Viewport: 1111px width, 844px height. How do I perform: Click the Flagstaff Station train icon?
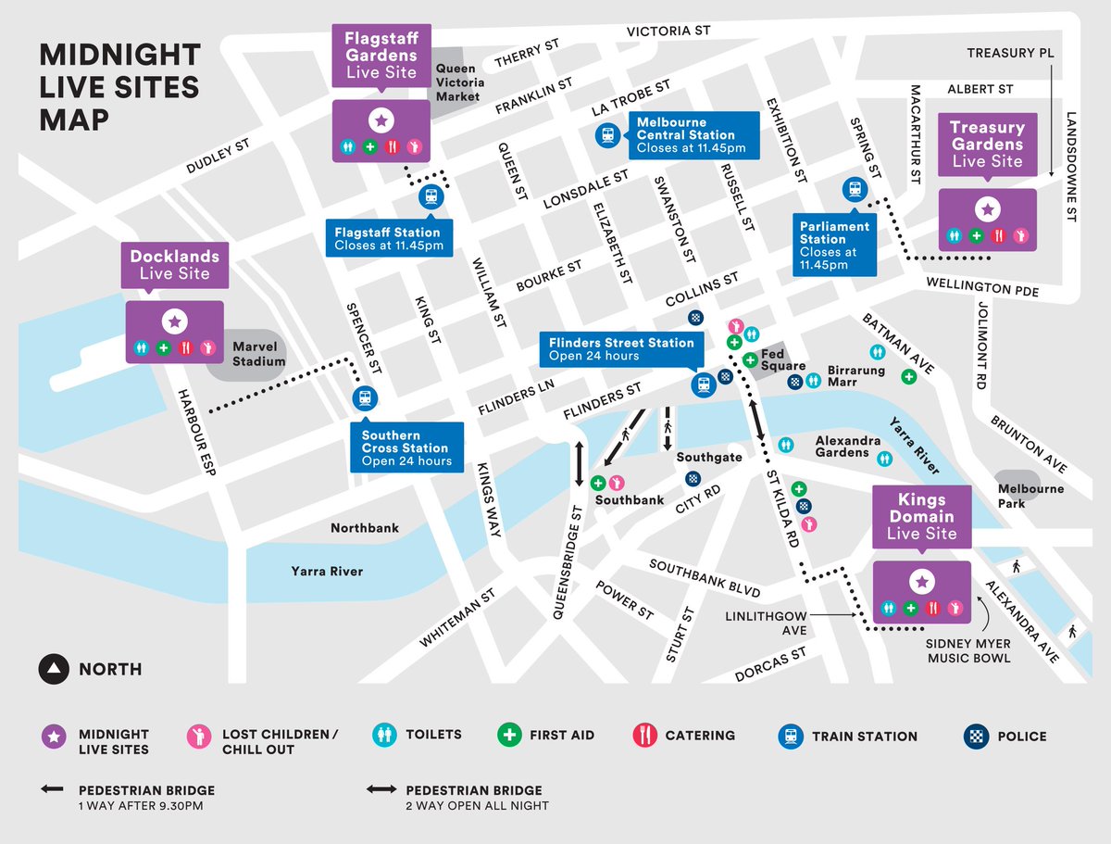pyautogui.click(x=431, y=196)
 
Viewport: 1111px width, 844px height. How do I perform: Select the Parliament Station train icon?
pyautogui.click(x=854, y=189)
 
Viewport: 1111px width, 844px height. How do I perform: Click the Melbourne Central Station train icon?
pyautogui.click(x=606, y=136)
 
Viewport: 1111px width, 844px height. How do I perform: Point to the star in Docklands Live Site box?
pyautogui.click(x=174, y=321)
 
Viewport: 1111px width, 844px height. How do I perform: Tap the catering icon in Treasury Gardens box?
pyautogui.click(x=998, y=235)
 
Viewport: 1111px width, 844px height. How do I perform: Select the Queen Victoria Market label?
pyautogui.click(x=458, y=82)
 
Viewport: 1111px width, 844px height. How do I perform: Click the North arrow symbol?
pyautogui.click(x=54, y=669)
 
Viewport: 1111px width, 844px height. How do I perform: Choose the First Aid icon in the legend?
pyautogui.click(x=508, y=736)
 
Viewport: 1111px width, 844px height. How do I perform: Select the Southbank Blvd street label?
pyautogui.click(x=705, y=578)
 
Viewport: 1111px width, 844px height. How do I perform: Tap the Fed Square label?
pyautogui.click(x=783, y=359)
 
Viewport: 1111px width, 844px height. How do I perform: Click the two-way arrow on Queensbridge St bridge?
pyautogui.click(x=580, y=464)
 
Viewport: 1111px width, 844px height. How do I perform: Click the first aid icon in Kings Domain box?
pyautogui.click(x=910, y=608)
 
